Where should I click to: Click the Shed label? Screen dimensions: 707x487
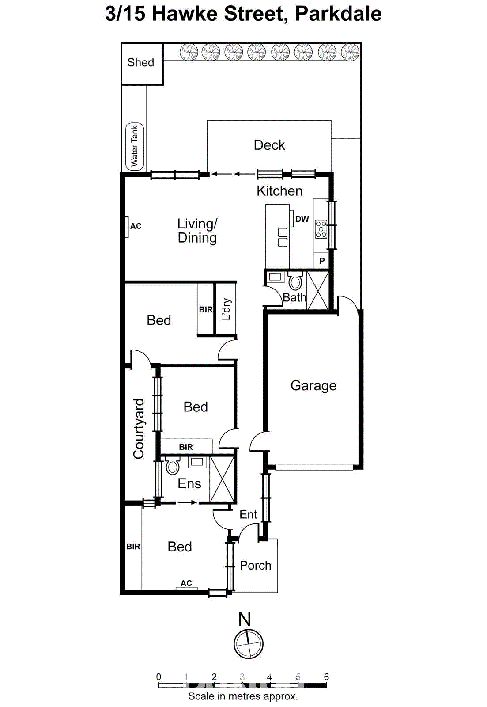coord(141,63)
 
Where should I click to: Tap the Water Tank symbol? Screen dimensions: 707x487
coord(135,146)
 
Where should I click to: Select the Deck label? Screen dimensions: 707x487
coord(269,145)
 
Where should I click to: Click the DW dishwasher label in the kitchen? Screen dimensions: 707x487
coord(302,219)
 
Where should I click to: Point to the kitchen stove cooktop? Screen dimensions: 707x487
coord(321,229)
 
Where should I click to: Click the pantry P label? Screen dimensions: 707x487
coord(322,261)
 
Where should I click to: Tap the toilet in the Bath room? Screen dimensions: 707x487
coord(295,281)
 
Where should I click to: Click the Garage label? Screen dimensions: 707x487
coord(313,386)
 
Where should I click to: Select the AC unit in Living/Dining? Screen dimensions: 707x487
coord(127,227)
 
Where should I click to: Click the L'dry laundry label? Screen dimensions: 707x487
coord(226,308)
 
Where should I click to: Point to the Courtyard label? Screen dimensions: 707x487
coord(139,429)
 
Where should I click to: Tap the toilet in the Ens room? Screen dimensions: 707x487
coord(173,466)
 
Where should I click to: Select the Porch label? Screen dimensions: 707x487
coord(255,566)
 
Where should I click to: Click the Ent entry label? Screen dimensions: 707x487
coord(248,514)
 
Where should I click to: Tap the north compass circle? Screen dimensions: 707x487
coord(249,644)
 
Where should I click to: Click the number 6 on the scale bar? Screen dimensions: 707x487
coord(326,677)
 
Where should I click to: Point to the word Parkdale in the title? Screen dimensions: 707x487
coord(338,14)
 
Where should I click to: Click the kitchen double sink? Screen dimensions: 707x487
coord(283,237)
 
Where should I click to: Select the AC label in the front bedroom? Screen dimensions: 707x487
coord(186,583)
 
